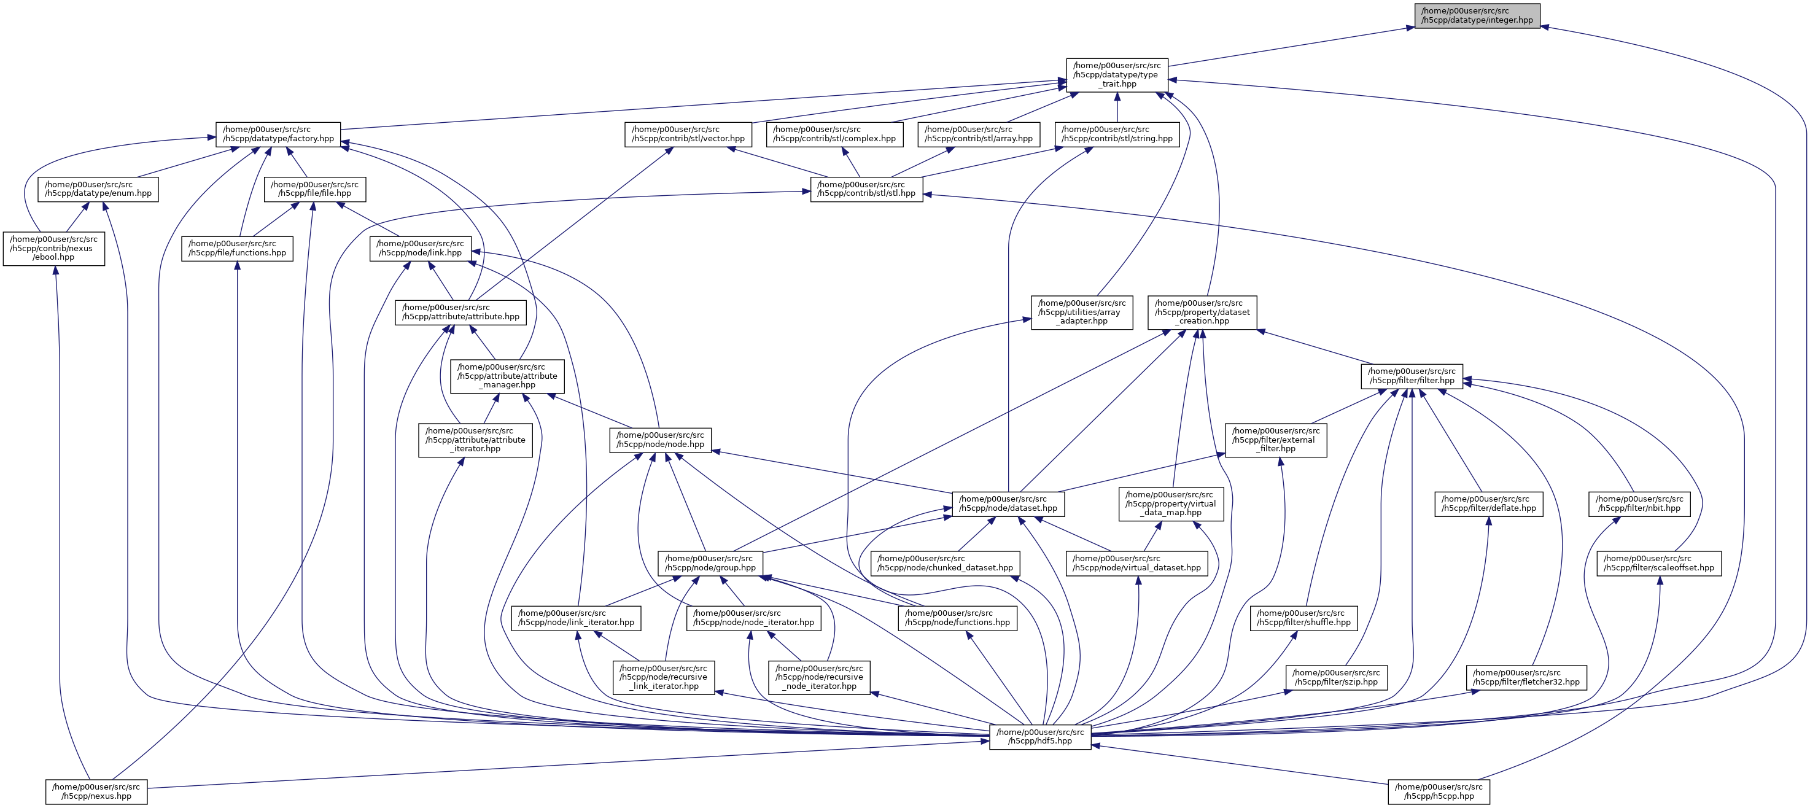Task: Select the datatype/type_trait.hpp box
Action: tap(1116, 74)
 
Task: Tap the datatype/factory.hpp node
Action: tap(278, 134)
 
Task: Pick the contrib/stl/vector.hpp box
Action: tap(688, 134)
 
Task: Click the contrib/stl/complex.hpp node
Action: tap(834, 134)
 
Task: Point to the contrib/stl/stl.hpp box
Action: tap(866, 189)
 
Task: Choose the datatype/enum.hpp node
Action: tap(98, 189)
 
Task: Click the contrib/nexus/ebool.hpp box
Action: tap(53, 248)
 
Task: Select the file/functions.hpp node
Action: tap(237, 248)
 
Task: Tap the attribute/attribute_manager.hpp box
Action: tap(507, 376)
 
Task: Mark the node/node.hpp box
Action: tap(660, 440)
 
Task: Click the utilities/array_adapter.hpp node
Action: tap(1081, 312)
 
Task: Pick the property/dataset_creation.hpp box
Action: tap(1202, 312)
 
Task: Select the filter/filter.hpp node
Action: tap(1412, 376)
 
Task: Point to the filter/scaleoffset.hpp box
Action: tap(1658, 564)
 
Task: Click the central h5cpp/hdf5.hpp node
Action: tap(1040, 736)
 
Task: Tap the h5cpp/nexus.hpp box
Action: tap(96, 792)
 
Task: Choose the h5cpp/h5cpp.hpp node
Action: tap(1439, 792)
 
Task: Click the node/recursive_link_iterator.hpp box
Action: tap(663, 677)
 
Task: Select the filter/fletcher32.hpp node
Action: tap(1526, 677)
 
